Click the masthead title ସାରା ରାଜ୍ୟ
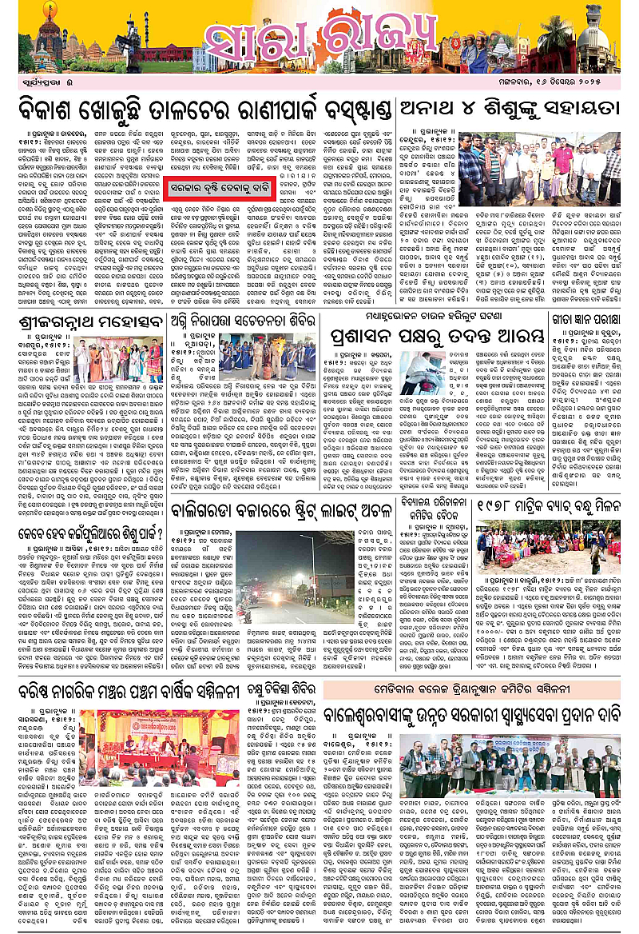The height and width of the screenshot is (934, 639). coord(319,39)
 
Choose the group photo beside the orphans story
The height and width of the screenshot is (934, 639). coord(529,168)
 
